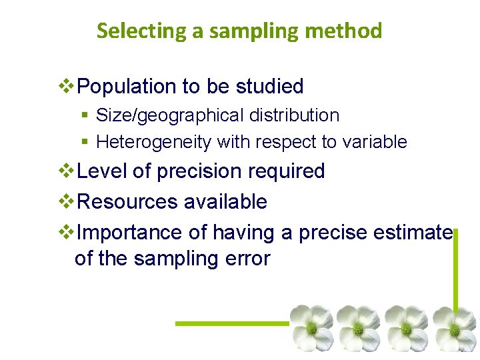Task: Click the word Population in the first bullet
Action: pos(126,86)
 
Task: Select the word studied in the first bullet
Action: pos(271,86)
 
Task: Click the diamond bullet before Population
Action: pos(68,86)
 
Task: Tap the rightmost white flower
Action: pos(455,328)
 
